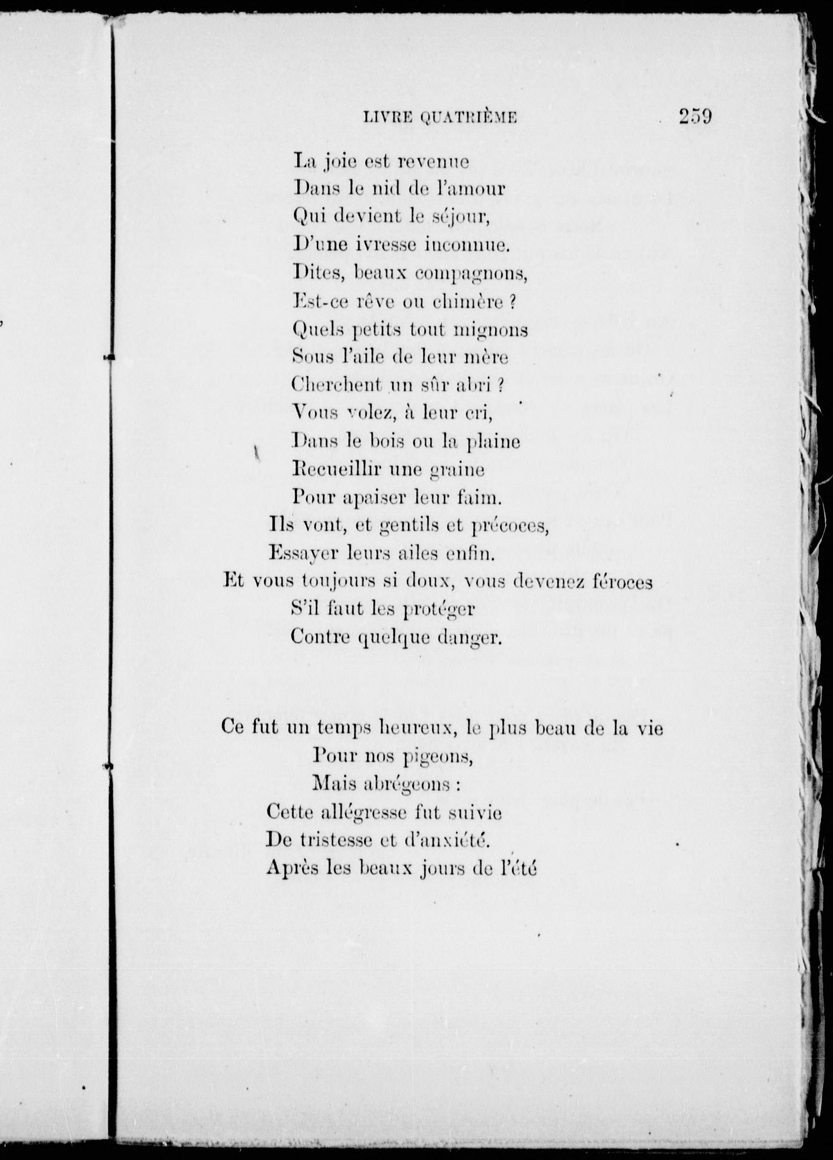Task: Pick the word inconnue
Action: (466, 245)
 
